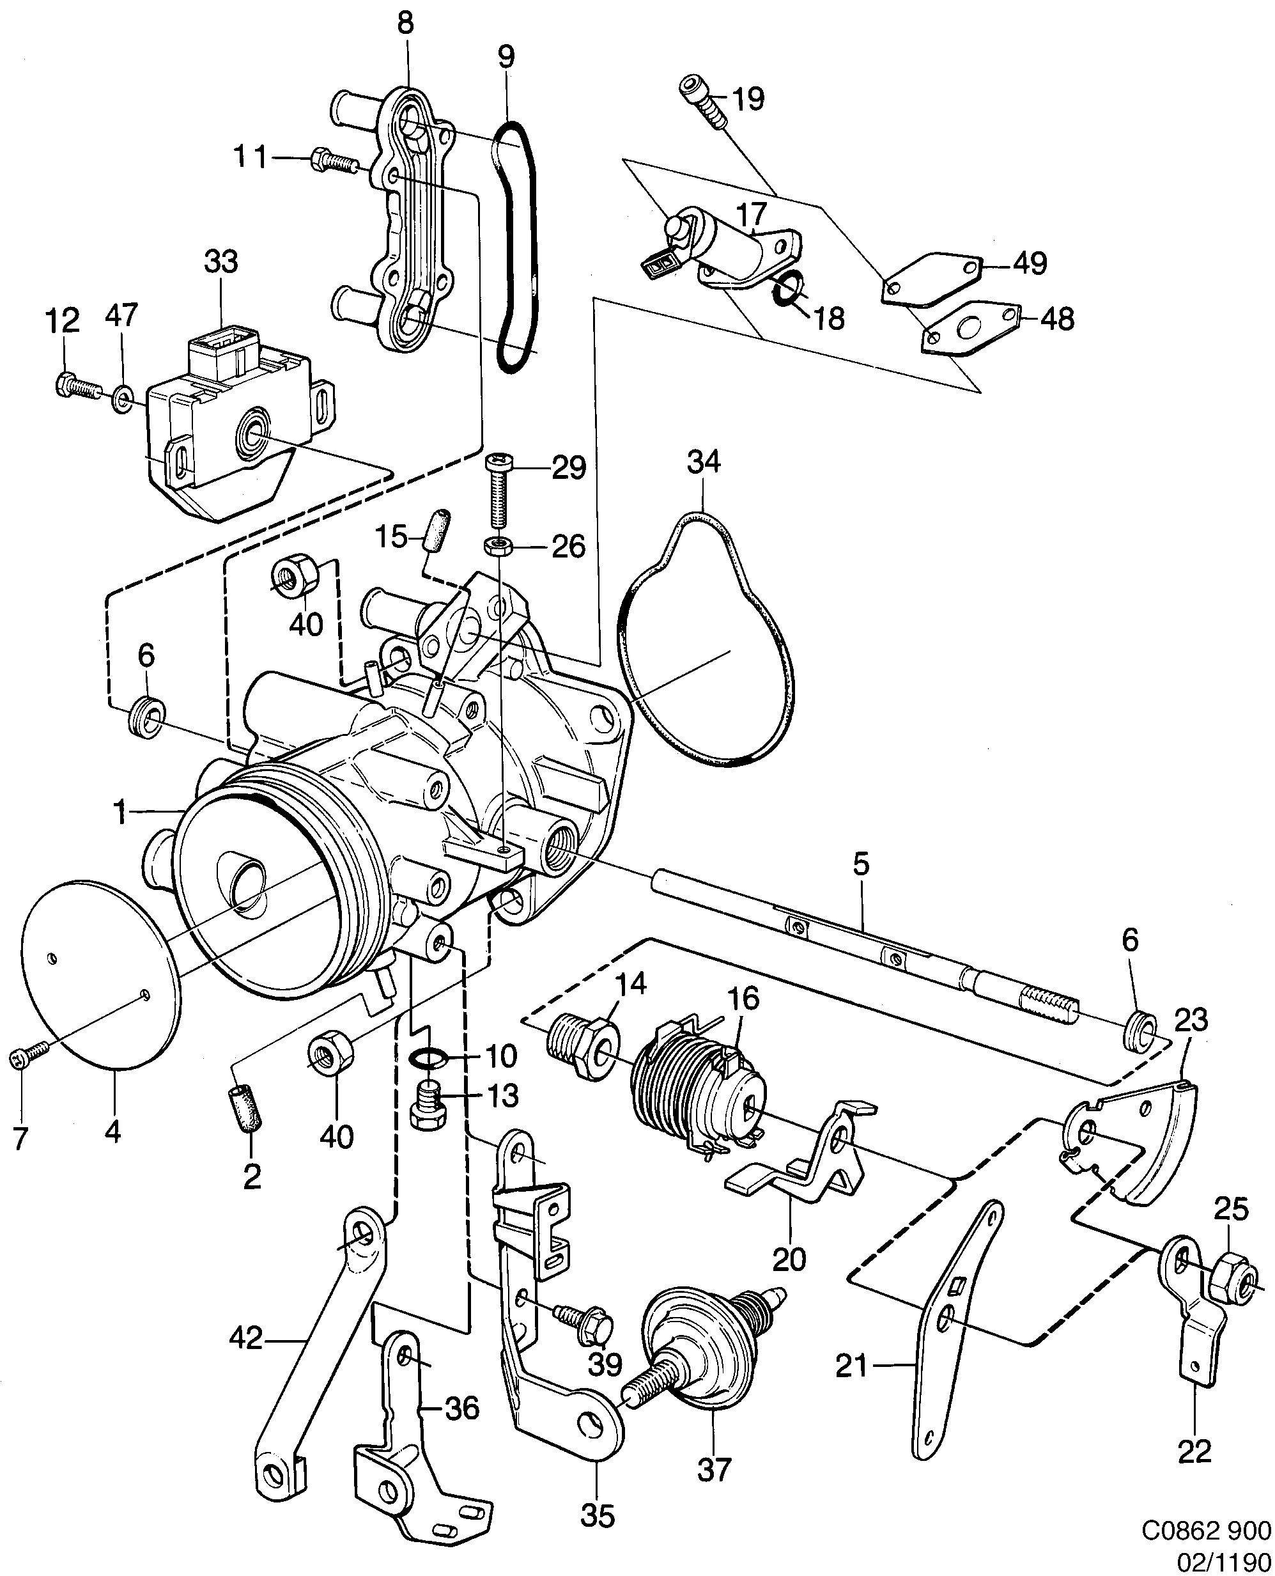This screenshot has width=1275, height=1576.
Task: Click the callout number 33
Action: click(x=221, y=261)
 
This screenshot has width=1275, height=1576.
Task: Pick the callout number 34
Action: click(x=704, y=462)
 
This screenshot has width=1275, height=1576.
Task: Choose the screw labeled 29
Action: click(x=497, y=490)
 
